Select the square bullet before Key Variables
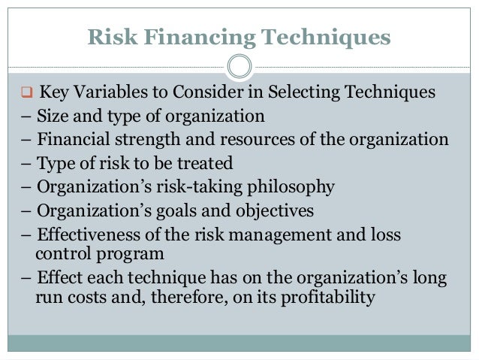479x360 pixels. [25, 94]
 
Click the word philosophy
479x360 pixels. [291, 186]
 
